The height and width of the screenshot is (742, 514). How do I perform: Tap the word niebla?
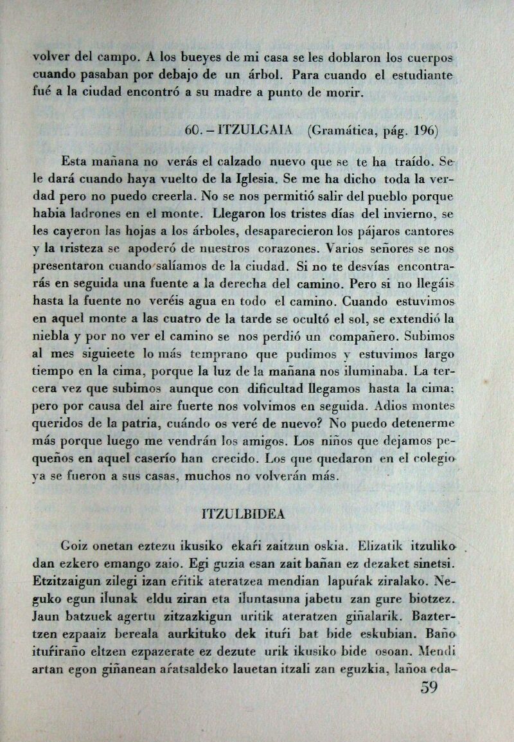point(53,336)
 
